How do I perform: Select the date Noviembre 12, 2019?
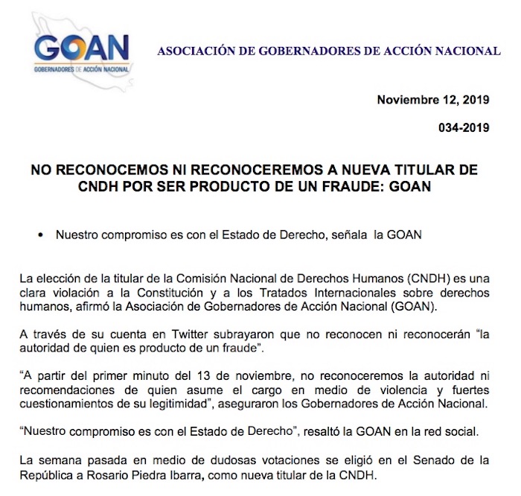pyautogui.click(x=432, y=101)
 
